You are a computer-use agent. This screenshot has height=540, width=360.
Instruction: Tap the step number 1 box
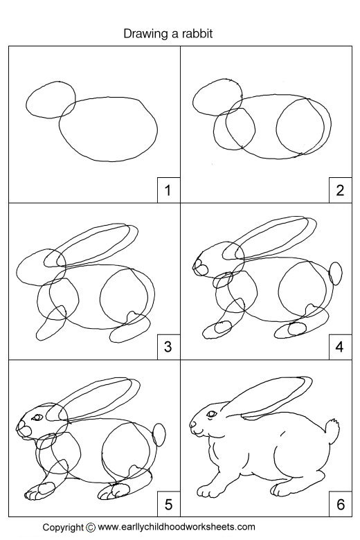167,189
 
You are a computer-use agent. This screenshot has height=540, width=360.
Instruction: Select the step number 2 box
339,189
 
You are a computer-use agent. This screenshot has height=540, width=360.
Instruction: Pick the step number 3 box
167,346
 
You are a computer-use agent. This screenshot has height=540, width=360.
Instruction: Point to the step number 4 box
339,346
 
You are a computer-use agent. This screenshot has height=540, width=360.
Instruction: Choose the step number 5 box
167,503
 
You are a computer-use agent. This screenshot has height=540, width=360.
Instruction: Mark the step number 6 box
339,503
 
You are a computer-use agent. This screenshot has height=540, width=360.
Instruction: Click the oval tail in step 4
336,273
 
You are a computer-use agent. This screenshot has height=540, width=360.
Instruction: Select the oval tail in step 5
159,435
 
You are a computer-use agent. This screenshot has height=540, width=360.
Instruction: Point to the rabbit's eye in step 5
36,416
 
